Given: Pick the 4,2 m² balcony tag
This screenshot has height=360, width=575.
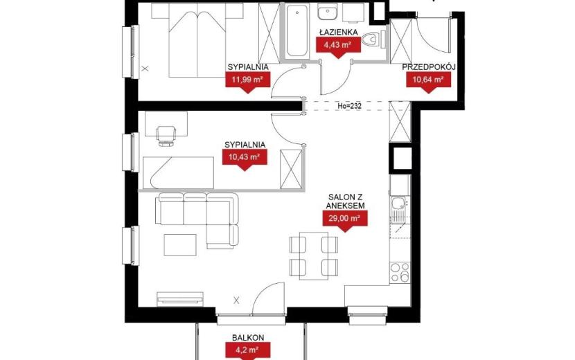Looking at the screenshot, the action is pos(247,350).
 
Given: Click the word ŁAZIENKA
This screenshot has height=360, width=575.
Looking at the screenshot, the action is pos(338,33).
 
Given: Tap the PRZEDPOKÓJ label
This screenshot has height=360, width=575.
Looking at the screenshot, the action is pos(429,67).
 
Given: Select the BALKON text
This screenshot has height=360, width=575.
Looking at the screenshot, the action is pos(248,338).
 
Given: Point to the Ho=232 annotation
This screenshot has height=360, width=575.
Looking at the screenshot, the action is pos(349,106).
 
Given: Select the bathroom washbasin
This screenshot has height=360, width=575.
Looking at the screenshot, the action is pos(328,12).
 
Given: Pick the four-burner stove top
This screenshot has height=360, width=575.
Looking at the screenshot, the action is pos(400,272).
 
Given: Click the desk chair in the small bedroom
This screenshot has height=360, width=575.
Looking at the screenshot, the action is pos(166,135).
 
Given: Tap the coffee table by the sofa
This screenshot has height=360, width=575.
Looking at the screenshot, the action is pos(180,245).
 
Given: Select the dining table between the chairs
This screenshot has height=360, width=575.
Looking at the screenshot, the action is pos(314,255).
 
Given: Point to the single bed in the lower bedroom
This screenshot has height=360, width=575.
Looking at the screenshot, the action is pos(178,172).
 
